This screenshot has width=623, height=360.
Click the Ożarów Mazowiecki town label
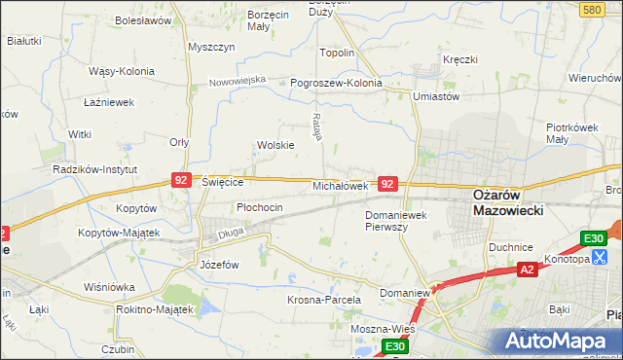(507, 201)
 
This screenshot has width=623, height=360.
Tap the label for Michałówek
(340, 185)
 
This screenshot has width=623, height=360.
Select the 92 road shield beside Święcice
(181, 180)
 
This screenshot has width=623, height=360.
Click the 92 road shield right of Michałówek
(388, 183)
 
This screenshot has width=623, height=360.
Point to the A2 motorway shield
(527, 270)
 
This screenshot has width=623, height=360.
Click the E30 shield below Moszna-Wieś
(393, 346)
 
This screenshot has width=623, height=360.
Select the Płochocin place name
(260, 207)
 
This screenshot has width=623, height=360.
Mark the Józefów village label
(219, 265)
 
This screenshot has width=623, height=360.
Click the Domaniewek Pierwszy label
(399, 220)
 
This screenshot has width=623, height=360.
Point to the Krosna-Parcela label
(324, 301)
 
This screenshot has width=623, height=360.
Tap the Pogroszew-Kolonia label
(337, 83)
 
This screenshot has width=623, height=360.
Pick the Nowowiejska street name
(238, 81)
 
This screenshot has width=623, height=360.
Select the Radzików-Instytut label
(92, 168)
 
